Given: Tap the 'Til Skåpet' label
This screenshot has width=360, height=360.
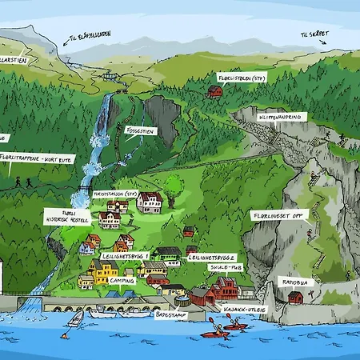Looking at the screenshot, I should tap(314, 34).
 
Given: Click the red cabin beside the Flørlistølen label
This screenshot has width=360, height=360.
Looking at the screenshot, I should tap(215, 92).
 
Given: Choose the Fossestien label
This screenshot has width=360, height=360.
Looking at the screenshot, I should tap(141, 130).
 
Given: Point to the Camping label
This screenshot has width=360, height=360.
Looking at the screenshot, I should tap(122, 281).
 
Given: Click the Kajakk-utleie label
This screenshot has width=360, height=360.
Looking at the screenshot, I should tap(244, 308).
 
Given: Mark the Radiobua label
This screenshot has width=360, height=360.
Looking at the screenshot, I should tap(297, 282).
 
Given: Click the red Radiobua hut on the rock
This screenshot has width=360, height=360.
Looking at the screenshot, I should tap(295, 298).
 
